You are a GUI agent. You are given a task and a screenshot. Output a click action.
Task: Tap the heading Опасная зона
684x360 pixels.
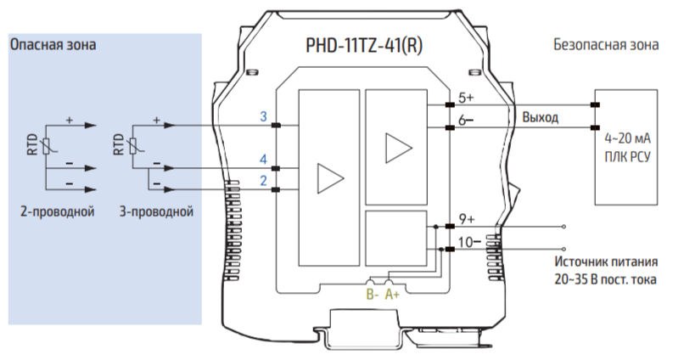click(53, 44)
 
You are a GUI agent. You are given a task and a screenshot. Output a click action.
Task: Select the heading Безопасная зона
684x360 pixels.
click(605, 45)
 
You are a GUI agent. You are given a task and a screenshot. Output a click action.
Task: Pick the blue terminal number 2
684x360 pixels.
click(264, 181)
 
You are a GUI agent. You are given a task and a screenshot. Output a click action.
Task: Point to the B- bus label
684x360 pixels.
click(371, 295)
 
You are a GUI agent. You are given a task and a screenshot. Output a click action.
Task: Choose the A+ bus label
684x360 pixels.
click(393, 295)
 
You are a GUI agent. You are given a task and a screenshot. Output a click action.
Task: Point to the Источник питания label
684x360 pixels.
click(606, 262)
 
